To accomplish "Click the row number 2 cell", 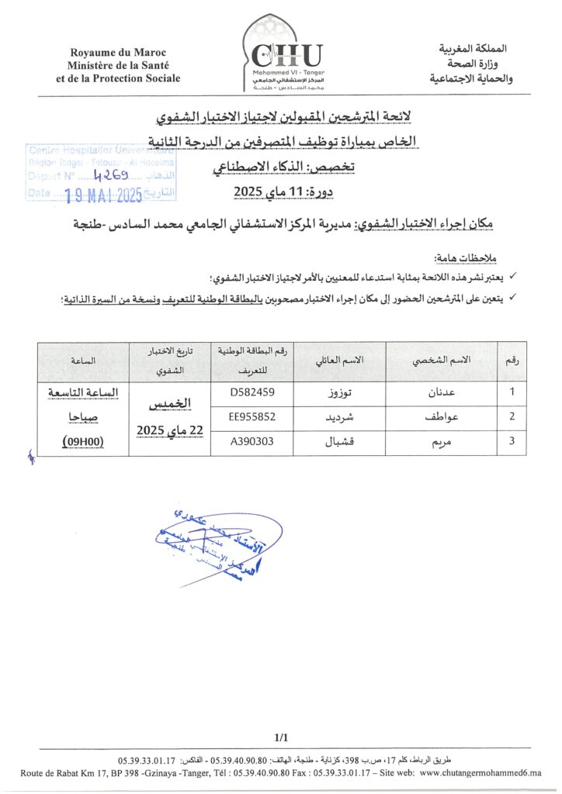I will (512, 416).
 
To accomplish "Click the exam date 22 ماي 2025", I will (165, 429).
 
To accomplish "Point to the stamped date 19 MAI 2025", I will (103, 195).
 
